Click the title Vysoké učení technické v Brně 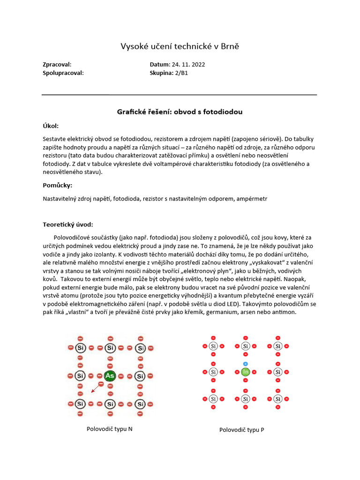(180, 46)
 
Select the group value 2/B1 (182, 73)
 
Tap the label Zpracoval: (57, 65)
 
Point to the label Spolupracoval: (63, 73)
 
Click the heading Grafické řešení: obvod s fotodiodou (180, 112)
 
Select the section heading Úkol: (51, 126)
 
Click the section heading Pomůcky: (57, 185)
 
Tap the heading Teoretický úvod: (68, 225)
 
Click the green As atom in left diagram (110, 376)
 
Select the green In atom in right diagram (245, 372)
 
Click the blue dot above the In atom (245, 364)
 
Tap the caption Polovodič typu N (110, 428)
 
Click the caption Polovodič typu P (241, 429)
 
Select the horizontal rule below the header (180, 95)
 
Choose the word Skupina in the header (161, 73)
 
